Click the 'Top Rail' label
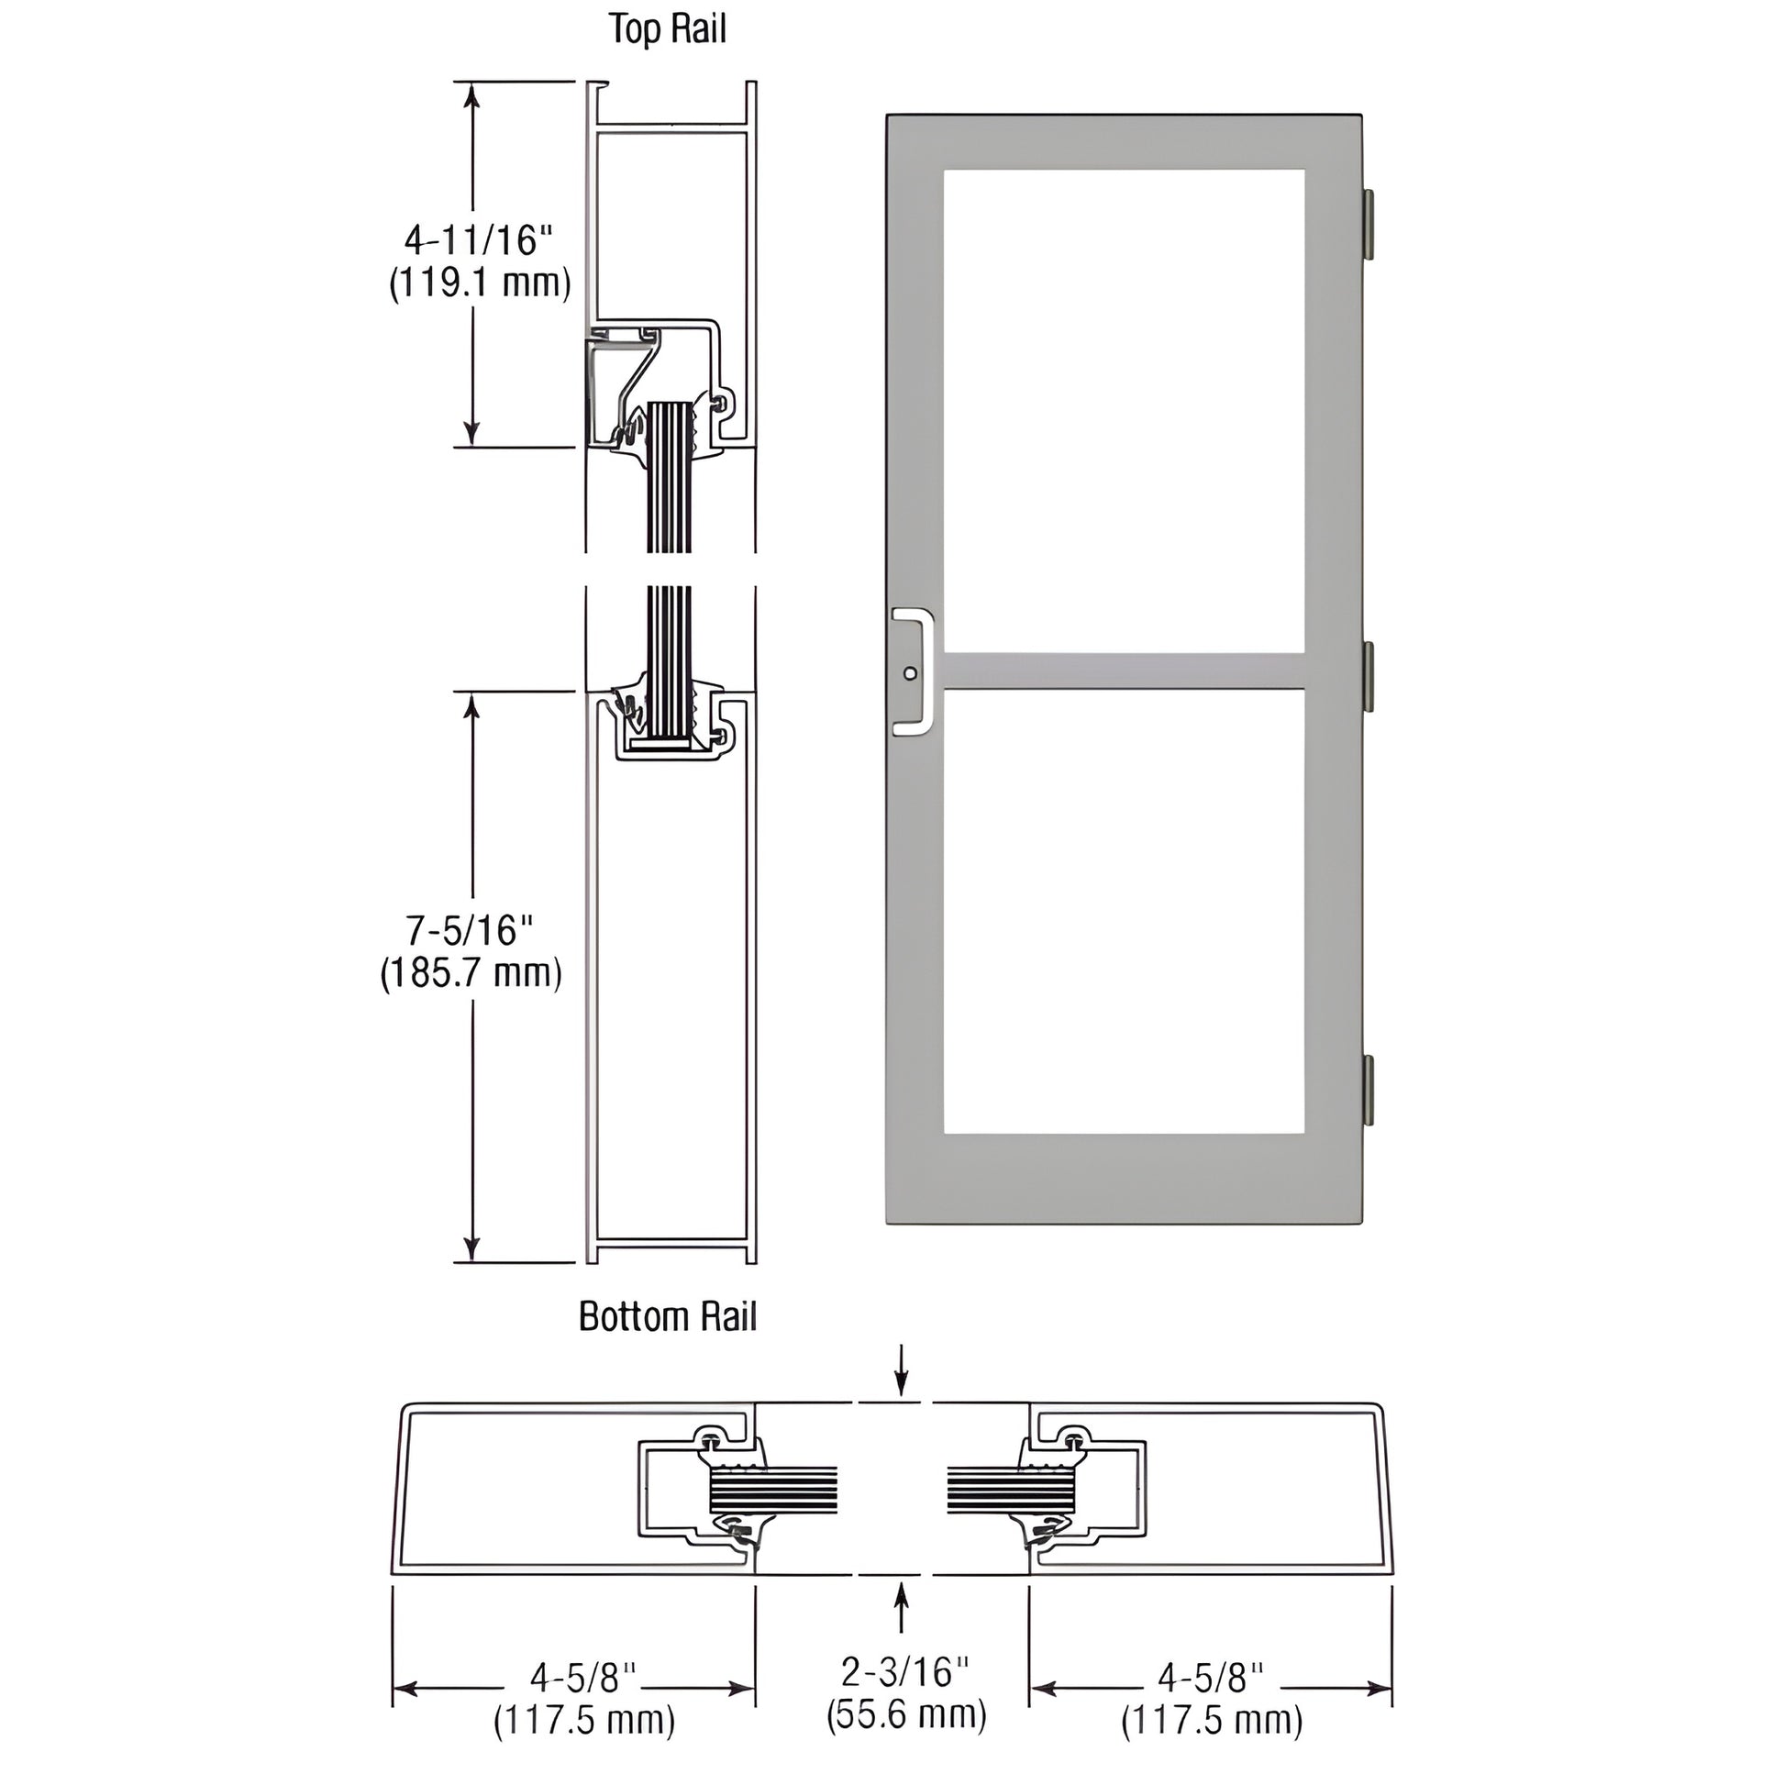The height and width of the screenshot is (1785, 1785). [667, 29]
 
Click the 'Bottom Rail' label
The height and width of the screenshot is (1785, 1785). [667, 1316]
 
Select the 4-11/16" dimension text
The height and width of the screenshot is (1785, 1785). [478, 240]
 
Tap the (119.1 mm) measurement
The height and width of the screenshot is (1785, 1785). [480, 283]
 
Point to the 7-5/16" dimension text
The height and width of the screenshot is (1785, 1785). [471, 930]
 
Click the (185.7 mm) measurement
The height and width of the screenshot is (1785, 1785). [471, 974]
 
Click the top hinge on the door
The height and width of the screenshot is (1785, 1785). [1369, 225]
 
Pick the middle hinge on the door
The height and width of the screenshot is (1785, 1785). [1369, 677]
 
